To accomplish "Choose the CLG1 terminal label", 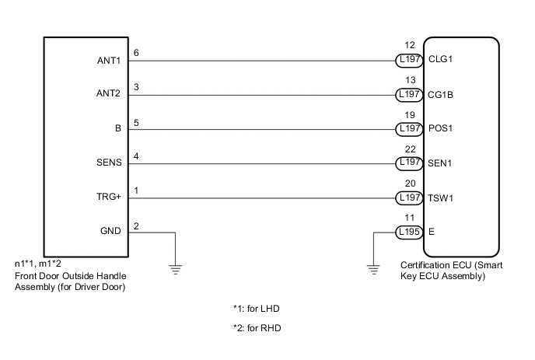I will click(440, 60).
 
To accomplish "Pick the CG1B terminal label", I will click(441, 95).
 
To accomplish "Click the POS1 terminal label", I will click(441, 129).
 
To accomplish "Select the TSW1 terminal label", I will click(441, 197).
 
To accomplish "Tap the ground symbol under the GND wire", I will click(177, 269).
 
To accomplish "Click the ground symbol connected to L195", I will click(374, 269).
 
